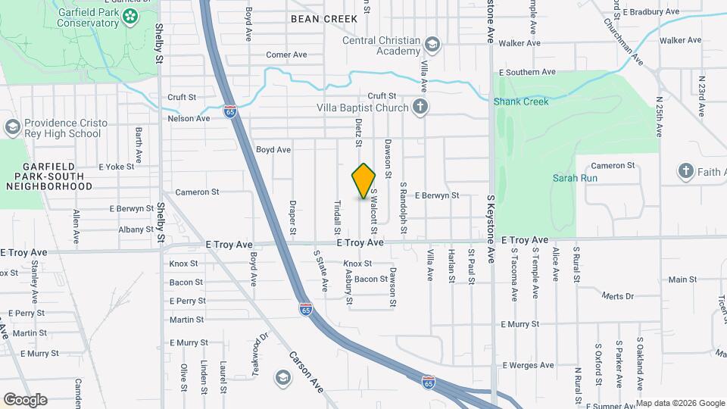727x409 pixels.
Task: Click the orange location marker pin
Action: point(364,181)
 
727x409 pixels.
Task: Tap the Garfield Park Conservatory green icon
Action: point(130,16)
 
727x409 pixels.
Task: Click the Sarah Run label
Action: point(575,179)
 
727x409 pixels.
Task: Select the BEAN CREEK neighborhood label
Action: point(319,17)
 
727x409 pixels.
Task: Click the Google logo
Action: point(25,399)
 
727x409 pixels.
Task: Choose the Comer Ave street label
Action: point(286,55)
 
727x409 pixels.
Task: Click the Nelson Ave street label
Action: point(189,118)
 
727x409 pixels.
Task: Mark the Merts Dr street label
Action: point(615,295)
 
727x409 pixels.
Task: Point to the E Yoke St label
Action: point(116,167)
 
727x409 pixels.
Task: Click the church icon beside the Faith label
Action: point(686,171)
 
